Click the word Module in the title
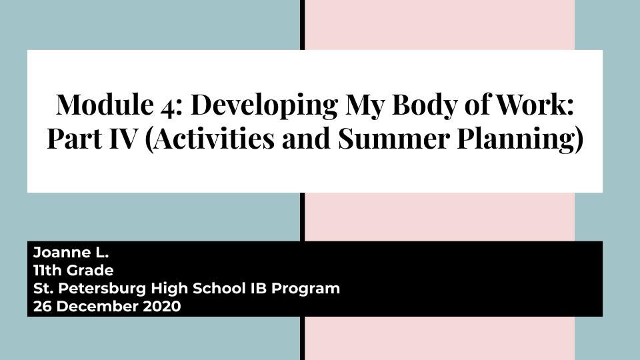(105, 105)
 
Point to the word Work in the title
(531, 105)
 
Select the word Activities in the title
(214, 139)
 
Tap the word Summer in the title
(394, 139)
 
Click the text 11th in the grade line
(48, 270)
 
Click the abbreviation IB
(259, 288)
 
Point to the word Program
(306, 289)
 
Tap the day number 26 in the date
(43, 306)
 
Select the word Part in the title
(75, 139)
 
